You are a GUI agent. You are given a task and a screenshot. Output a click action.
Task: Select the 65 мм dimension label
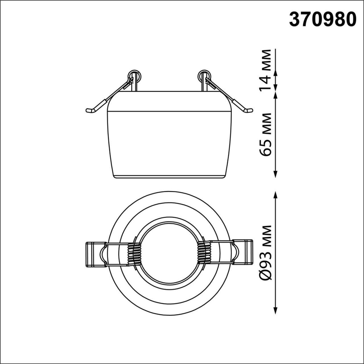tap(266, 135)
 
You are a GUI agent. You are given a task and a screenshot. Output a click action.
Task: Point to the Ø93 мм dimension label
tap(266, 253)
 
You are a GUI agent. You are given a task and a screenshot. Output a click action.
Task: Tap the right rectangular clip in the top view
tap(242, 253)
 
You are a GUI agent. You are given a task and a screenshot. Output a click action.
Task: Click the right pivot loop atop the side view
tap(203, 75)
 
